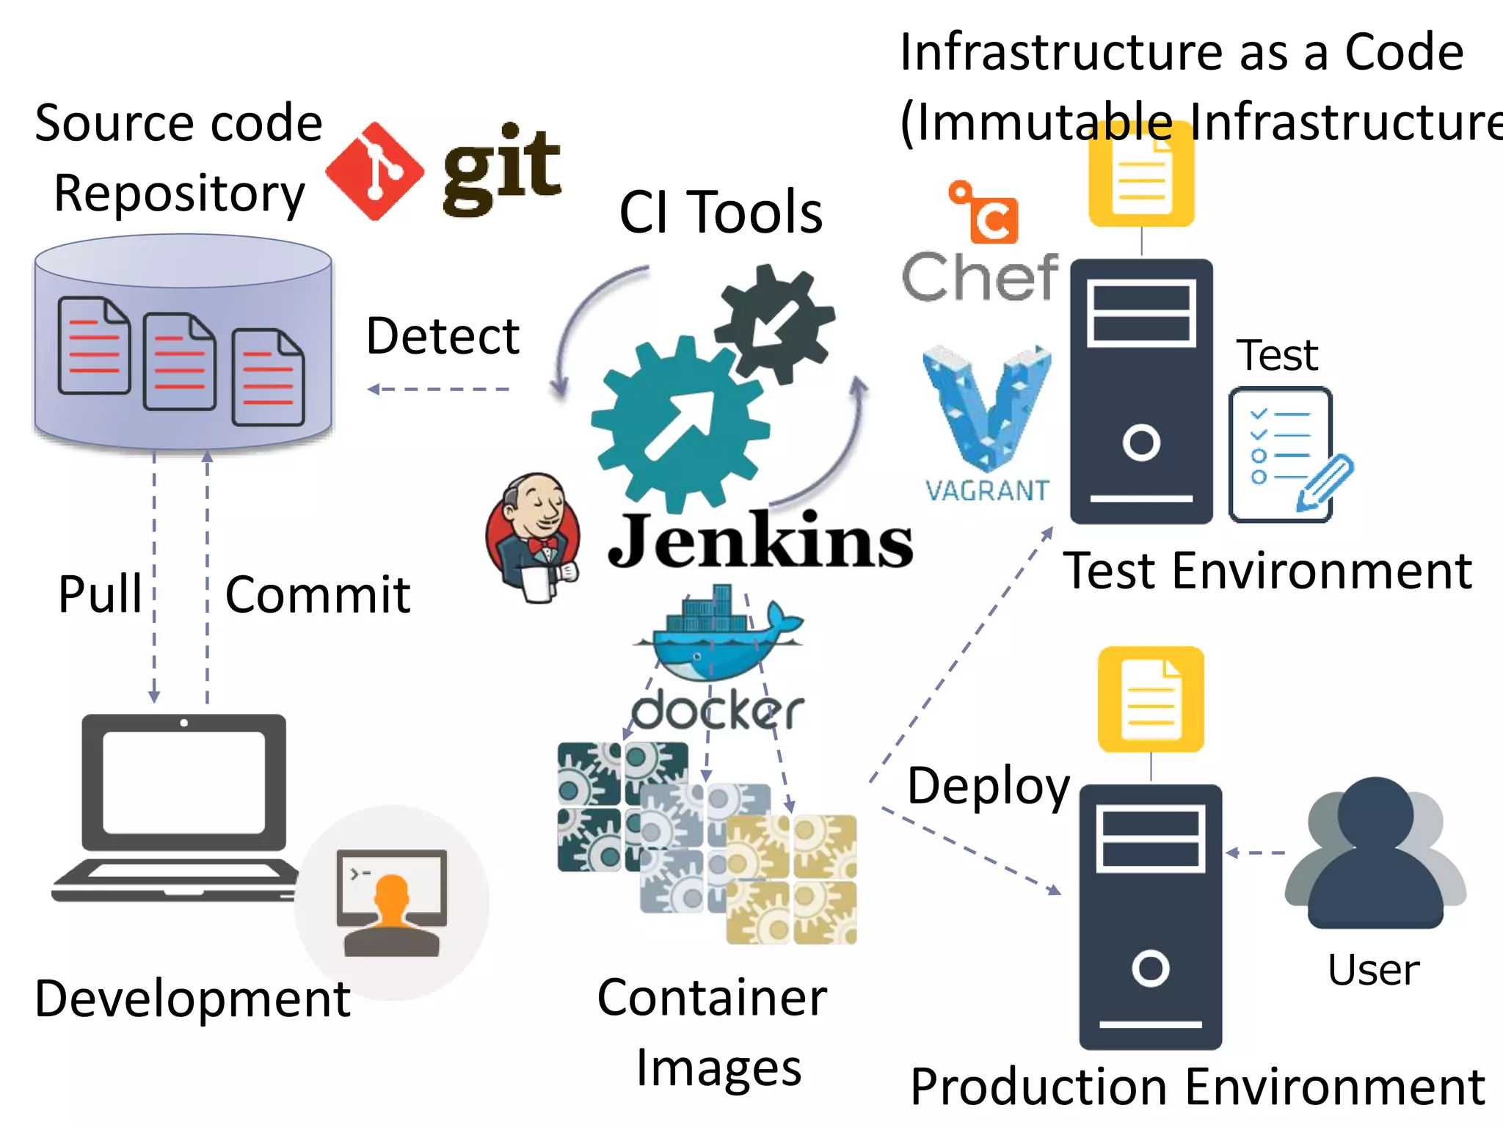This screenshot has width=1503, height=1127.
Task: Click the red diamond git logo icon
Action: pos(374,172)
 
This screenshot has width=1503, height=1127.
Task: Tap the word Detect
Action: pos(443,336)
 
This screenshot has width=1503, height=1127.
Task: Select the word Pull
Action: pos(100,594)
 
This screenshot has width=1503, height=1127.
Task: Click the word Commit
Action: pos(317,594)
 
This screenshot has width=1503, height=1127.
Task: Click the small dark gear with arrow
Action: pos(775,323)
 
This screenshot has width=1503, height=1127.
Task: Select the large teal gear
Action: pos(680,426)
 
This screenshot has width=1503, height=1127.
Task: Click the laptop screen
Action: pos(183,781)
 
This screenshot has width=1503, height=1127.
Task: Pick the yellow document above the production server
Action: pos(1151,699)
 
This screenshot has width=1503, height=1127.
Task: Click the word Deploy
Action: pos(988,785)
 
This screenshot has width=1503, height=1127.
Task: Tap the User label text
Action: pos(1373,969)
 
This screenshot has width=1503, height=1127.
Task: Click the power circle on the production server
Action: pos(1150,968)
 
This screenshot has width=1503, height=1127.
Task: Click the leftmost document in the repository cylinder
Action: pos(94,345)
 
